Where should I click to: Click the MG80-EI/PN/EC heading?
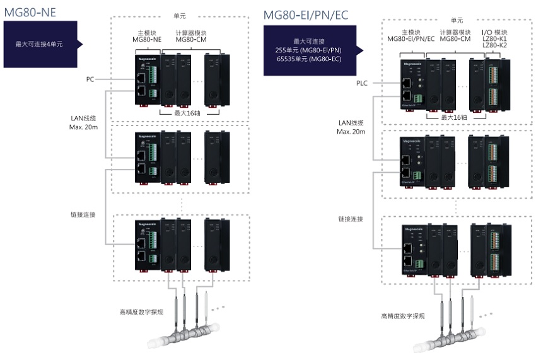(306, 15)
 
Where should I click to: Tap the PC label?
(90, 79)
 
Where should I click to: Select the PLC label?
(361, 83)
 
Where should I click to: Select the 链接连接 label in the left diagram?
(83, 215)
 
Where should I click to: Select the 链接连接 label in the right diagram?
(351, 219)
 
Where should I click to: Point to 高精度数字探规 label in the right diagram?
(402, 316)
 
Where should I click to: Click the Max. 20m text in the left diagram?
(83, 127)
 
